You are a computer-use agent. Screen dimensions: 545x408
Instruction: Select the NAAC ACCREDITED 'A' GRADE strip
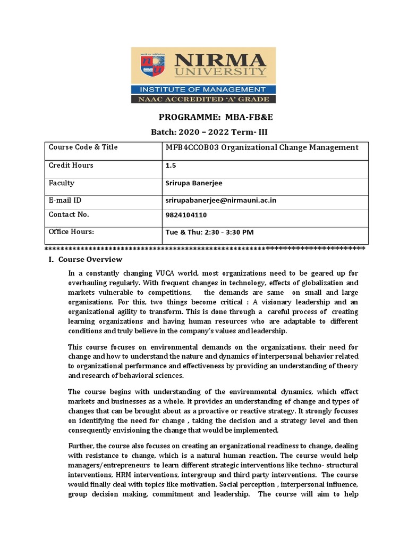click(203, 99)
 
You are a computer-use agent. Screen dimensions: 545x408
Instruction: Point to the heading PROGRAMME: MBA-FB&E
click(203, 118)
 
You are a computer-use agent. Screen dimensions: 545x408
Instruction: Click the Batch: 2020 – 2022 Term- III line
click(203, 132)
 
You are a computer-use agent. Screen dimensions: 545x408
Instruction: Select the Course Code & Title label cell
click(83, 147)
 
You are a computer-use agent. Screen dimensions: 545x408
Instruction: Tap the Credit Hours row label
click(71, 165)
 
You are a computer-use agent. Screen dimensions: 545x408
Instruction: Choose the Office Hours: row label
click(71, 232)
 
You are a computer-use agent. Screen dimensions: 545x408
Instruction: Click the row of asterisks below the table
click(205, 248)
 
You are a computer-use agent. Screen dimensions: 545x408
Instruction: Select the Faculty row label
click(62, 183)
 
